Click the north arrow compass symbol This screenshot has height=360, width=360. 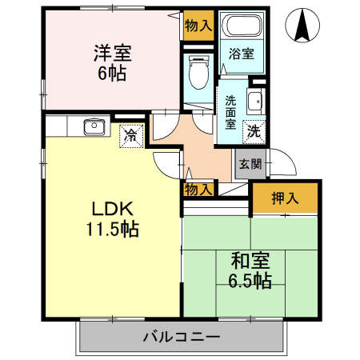[302, 26]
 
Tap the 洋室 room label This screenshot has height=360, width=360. [113, 54]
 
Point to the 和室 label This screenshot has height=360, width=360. [251, 262]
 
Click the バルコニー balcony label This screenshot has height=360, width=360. [182, 336]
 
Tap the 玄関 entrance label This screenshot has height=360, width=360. [250, 165]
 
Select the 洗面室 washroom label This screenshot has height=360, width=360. [230, 113]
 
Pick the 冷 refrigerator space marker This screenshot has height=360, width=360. [130, 135]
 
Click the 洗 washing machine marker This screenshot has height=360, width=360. [254, 130]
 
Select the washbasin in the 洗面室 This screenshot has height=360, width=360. [254, 102]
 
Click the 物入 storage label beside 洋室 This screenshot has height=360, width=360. [198, 25]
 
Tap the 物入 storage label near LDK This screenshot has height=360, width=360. [198, 189]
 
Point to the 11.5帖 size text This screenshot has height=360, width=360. [113, 230]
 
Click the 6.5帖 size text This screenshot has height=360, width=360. [251, 281]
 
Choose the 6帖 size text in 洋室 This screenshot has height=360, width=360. [113, 73]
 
